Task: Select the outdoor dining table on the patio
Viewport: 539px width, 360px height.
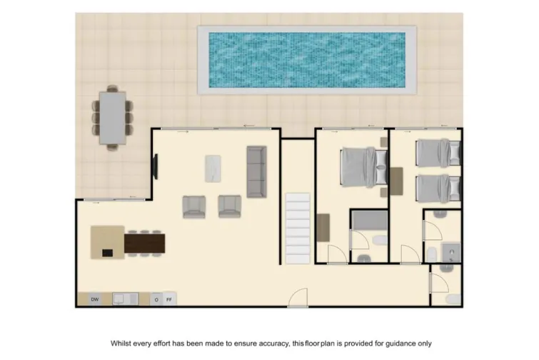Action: pyautogui.click(x=112, y=118)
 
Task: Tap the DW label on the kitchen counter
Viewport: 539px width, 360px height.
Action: pyautogui.click(x=94, y=299)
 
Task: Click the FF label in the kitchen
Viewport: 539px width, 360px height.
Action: pyautogui.click(x=169, y=299)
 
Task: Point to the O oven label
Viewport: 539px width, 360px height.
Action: pyautogui.click(x=156, y=299)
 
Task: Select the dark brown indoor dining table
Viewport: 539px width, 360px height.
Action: pyautogui.click(x=145, y=244)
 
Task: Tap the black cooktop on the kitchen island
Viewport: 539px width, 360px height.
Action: pyautogui.click(x=107, y=251)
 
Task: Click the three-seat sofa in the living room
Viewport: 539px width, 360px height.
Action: pyautogui.click(x=256, y=171)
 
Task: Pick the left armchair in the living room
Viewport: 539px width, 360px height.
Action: pyautogui.click(x=194, y=206)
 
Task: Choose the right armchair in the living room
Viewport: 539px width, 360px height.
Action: pyautogui.click(x=229, y=206)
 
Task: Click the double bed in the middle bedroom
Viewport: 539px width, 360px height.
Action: pyautogui.click(x=363, y=167)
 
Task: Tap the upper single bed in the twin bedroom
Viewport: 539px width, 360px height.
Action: pyautogui.click(x=438, y=152)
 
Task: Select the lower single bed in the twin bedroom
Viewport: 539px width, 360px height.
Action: pyautogui.click(x=438, y=188)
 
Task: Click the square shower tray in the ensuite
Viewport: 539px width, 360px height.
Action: pyautogui.click(x=450, y=252)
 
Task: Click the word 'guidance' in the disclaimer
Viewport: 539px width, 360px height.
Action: pyautogui.click(x=383, y=344)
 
